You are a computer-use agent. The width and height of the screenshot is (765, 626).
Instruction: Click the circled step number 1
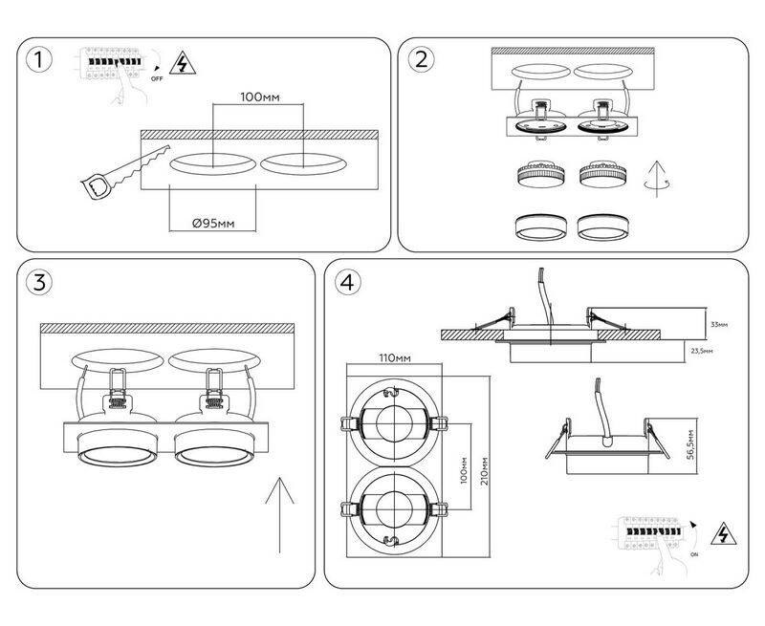pos(37,60)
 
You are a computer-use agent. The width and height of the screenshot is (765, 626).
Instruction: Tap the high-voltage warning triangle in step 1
pos(178,64)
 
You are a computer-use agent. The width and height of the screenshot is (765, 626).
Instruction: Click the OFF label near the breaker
pos(158,83)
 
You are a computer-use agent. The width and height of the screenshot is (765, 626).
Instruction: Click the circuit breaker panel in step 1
pos(114,60)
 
